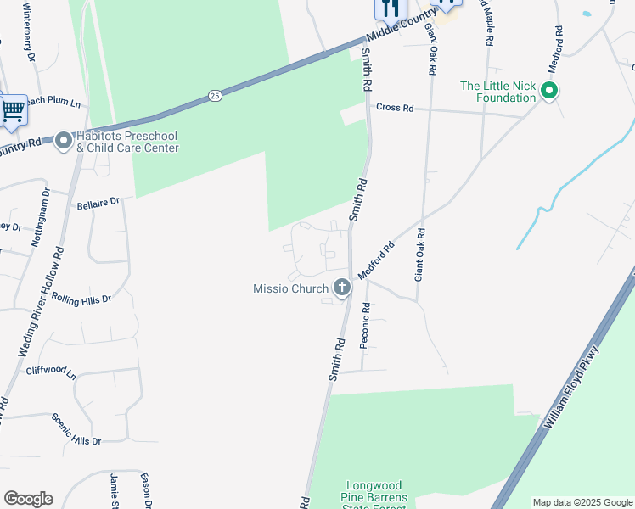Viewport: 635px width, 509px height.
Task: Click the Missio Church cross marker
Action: (x=342, y=288)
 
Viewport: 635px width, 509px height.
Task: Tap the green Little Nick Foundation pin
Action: (x=549, y=91)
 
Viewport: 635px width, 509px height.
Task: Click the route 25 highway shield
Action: (x=215, y=96)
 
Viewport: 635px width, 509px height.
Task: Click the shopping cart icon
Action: (x=12, y=110)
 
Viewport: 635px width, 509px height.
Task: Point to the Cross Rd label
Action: (x=395, y=108)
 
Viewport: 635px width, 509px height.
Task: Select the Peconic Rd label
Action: (x=364, y=326)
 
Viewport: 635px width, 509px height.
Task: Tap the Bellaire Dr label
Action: (x=99, y=204)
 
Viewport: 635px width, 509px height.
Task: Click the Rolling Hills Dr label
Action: (x=81, y=298)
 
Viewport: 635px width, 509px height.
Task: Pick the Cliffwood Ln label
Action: (x=51, y=372)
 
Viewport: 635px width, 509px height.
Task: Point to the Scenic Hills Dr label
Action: (x=76, y=429)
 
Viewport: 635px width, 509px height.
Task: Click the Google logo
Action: (x=28, y=499)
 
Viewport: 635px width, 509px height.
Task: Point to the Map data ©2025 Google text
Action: (x=583, y=502)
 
